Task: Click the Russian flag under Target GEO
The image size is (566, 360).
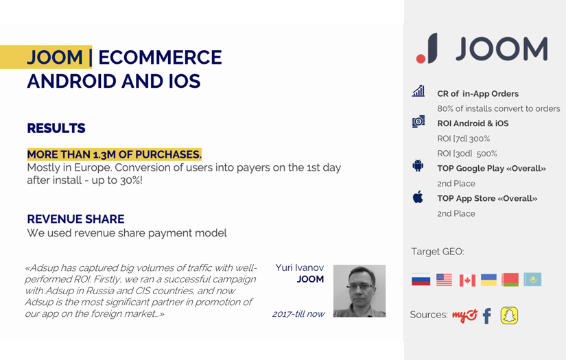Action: (421, 280)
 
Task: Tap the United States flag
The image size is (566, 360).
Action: (444, 280)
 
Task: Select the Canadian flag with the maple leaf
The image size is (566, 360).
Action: (467, 280)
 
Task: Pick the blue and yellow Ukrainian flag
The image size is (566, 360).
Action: (488, 280)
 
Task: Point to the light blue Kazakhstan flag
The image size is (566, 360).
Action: (532, 280)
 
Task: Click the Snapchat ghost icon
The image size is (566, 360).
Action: (509, 315)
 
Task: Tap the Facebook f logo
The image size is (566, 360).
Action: (487, 315)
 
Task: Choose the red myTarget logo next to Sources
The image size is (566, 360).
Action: (464, 315)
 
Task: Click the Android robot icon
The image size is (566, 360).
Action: (418, 166)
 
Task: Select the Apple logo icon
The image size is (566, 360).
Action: (418, 197)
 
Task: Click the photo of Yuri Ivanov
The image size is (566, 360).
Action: (359, 291)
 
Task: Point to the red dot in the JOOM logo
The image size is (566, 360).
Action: (421, 59)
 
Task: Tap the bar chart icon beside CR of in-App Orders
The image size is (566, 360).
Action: (418, 91)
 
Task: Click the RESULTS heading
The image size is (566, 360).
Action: (56, 128)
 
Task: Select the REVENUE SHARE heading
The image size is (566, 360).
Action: (75, 219)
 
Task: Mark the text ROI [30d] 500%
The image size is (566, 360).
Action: (467, 154)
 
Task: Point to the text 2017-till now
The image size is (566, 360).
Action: (298, 314)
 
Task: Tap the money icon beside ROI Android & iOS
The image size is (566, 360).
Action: (418, 122)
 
